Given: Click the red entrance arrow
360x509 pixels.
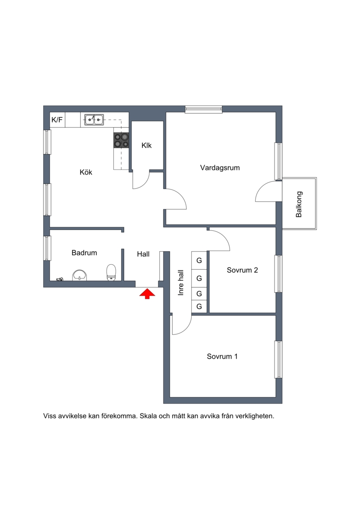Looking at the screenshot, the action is pos(147,293).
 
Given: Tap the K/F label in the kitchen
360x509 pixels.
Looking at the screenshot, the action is pos(57,120).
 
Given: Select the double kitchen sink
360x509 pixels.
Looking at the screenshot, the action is pos(94,120).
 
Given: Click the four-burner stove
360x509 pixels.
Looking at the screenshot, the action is pos(121,140).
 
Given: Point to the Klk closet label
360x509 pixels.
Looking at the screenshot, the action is pos(146,145).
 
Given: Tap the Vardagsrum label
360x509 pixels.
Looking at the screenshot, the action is pos(220,168).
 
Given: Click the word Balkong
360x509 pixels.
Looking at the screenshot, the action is pos(299,204).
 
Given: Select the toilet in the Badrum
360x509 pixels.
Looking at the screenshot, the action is pos(111,272).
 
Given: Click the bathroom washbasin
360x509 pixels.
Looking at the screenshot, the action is pos(80,275).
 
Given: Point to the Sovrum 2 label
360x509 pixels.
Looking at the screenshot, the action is pos(242,270).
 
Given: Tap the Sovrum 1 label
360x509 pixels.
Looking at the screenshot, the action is pos(222,356).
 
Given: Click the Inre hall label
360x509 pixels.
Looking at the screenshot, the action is pos(181,283).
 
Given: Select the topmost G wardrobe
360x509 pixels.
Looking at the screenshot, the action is pos(199,260).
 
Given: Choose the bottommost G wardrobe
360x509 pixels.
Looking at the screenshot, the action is pos(199,306).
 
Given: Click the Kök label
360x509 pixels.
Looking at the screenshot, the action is pos(85,172).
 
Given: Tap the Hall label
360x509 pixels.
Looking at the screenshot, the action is pos(143,254).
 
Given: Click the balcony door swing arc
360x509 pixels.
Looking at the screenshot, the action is pos(262,188).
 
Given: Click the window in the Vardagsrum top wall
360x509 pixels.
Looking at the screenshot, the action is pos(203,109).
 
